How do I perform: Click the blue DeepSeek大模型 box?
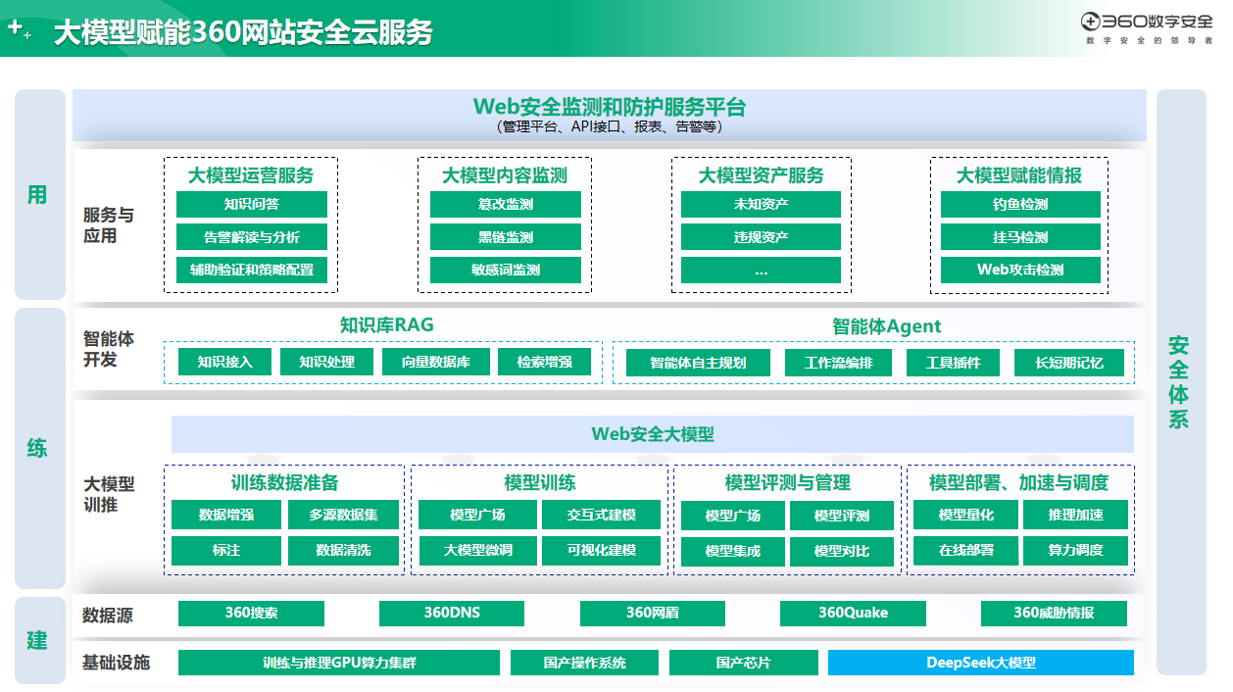980,663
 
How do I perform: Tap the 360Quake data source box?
853,614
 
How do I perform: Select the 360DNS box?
452,614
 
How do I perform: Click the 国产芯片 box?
743,663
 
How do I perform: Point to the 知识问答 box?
252,204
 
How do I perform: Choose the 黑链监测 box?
506,237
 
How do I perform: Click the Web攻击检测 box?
1020,270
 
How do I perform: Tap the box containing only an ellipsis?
761,270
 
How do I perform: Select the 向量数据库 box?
435,362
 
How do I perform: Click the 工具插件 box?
953,363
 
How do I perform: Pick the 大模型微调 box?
477,550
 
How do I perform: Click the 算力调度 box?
1075,550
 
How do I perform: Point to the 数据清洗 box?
343,550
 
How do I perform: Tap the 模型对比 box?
842,551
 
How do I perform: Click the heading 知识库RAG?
386,324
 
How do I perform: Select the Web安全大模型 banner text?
653,434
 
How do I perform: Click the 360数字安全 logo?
1146,27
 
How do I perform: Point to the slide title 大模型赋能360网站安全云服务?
243,32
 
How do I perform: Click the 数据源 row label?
108,615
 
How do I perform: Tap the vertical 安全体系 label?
1178,382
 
